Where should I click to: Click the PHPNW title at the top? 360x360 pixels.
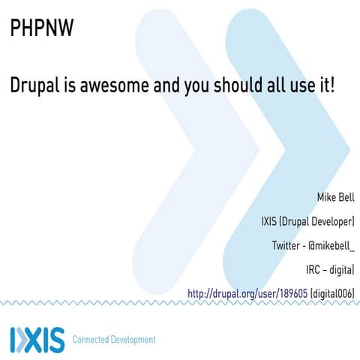pos(41,29)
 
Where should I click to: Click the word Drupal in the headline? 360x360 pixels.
pos(37,85)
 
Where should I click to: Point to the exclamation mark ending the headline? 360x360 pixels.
pos(331,84)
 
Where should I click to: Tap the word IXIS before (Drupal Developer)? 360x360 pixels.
pos(268,222)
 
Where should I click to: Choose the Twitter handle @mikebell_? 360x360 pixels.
pos(332,245)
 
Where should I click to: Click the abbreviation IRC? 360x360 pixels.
pos(314,268)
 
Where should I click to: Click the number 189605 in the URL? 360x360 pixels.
pos(290,292)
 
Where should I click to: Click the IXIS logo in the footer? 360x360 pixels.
pos(37,339)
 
